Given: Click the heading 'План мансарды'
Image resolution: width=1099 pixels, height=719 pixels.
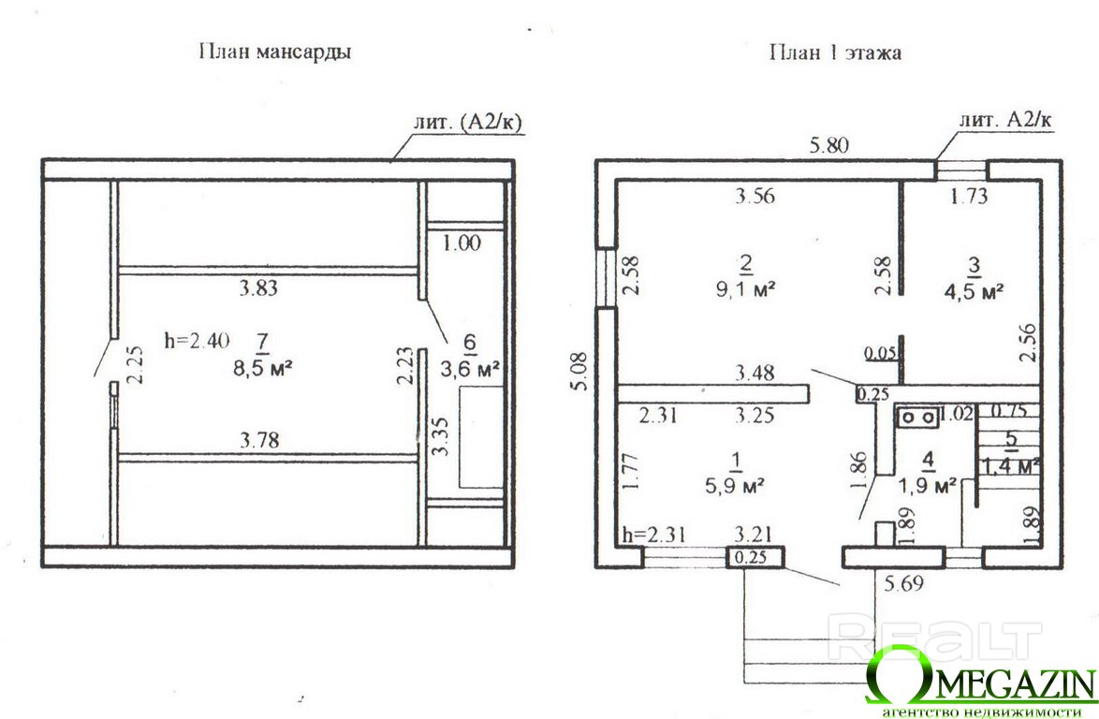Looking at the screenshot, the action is pos(274,51).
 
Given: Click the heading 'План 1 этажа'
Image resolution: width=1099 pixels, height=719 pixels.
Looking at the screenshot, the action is pos(835,52).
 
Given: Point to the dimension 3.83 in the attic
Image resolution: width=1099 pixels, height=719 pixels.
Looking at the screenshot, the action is pos(258,289).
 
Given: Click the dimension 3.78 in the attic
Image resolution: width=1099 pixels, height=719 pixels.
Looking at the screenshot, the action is pos(259,438).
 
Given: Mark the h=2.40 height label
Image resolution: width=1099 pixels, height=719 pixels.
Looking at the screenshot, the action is pos(196,341).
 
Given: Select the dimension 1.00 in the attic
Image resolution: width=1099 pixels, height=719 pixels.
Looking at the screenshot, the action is pos(462,243).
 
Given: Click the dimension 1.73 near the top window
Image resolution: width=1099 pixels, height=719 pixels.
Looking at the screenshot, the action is pos(970,197).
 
